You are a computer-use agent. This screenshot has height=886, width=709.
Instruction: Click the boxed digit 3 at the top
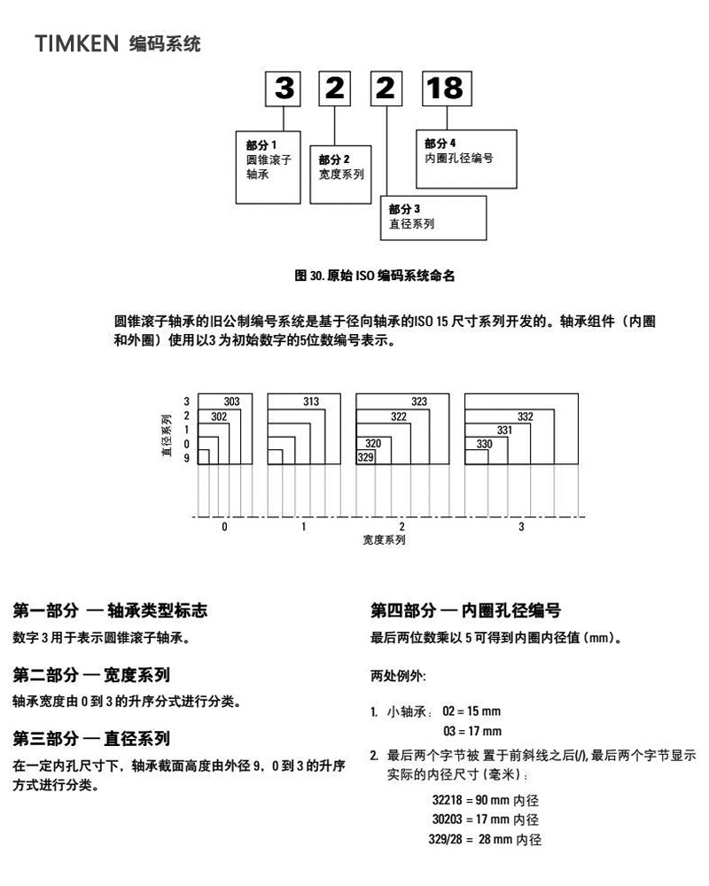284,88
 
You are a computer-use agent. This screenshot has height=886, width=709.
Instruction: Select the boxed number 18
445,88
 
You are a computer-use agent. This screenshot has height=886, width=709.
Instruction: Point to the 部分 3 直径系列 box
433,217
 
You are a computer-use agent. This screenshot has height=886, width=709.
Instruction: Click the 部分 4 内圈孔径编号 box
465,158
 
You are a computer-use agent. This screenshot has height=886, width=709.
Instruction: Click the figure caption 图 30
375,276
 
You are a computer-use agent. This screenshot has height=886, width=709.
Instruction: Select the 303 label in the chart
232,402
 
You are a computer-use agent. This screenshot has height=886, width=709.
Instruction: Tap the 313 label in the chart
311,402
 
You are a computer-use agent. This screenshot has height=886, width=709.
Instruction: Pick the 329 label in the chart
365,457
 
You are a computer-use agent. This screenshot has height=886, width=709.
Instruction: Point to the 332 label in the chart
526,416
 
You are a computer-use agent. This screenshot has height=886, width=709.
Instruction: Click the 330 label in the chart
485,444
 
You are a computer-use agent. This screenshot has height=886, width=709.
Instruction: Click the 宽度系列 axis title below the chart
384,540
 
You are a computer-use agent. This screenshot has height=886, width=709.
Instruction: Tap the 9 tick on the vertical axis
186,458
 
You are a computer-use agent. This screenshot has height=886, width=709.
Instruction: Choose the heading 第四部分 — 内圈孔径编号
465,610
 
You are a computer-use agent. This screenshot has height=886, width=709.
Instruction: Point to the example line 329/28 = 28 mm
485,839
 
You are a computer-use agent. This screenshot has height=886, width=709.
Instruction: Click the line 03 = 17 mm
471,731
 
